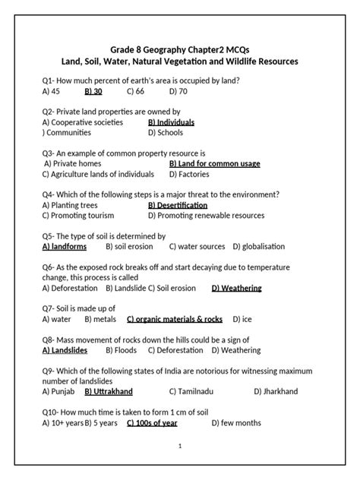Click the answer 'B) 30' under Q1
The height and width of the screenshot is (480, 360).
coord(93,91)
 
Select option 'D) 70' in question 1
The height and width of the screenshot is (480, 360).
coord(178,91)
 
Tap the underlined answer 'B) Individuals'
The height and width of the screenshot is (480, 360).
coord(171,122)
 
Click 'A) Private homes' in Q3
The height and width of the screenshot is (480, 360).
coord(74,163)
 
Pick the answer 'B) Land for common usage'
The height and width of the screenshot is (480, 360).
coord(214,163)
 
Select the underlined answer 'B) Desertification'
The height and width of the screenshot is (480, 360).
coord(178,205)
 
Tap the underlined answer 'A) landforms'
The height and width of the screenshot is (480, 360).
coord(65,246)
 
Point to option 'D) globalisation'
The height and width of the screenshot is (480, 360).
coord(259,246)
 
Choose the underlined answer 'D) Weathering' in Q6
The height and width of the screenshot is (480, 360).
coord(236,288)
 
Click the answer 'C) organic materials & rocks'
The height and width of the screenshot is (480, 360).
coord(175,319)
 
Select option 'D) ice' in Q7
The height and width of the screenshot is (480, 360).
coord(242,319)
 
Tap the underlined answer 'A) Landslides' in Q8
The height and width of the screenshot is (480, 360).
coord(65,350)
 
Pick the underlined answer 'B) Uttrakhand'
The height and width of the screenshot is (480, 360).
coord(109,391)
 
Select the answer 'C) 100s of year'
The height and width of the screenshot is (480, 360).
coord(152,422)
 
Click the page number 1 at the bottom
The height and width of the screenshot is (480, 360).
coord(179,446)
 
